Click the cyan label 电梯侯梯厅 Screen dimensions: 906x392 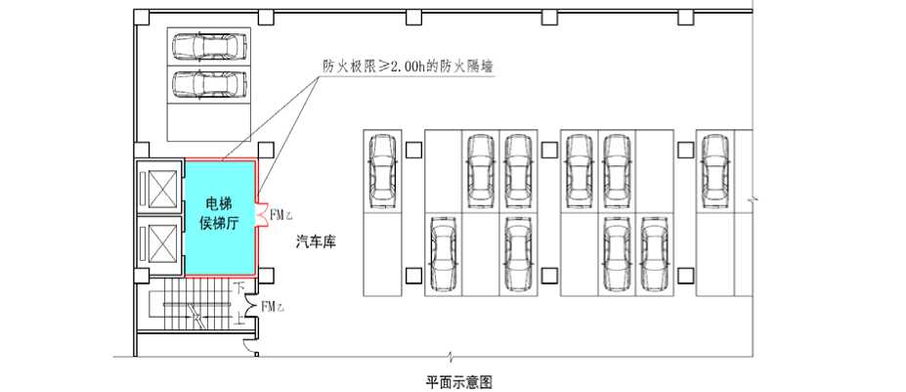(220, 213)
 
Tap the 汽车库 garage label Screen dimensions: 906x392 (316, 242)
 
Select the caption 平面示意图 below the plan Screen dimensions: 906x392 (459, 381)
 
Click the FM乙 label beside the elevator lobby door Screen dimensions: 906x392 (281, 215)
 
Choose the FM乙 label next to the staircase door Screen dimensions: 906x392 (273, 306)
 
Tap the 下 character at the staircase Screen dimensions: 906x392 (238, 285)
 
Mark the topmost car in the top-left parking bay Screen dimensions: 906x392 (208, 46)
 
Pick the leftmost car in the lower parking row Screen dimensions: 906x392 (443, 253)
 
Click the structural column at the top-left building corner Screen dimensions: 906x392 (142, 18)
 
